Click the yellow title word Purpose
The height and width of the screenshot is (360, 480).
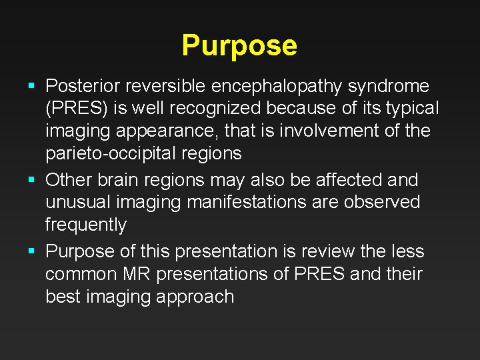[x=239, y=46]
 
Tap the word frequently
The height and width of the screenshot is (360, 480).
[x=85, y=225]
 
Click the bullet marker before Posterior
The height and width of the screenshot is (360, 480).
[x=33, y=86]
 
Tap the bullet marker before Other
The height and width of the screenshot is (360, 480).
[x=33, y=180]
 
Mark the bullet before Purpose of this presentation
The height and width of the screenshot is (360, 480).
[x=33, y=252]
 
